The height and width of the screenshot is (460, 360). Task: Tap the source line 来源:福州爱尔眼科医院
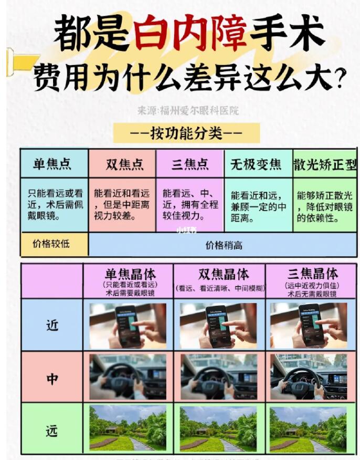point(188,110)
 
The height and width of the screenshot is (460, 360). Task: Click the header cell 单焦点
point(53,164)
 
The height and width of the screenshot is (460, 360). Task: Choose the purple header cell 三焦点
point(190,164)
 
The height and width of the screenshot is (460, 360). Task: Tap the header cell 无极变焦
point(257,164)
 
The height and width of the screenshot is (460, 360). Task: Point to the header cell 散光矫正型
point(325,164)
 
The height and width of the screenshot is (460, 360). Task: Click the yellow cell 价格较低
point(52,244)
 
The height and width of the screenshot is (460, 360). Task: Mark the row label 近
point(51,326)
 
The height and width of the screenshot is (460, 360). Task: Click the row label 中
point(51,378)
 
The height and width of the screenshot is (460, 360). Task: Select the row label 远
point(51,431)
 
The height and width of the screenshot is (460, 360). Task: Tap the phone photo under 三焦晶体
point(309,326)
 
